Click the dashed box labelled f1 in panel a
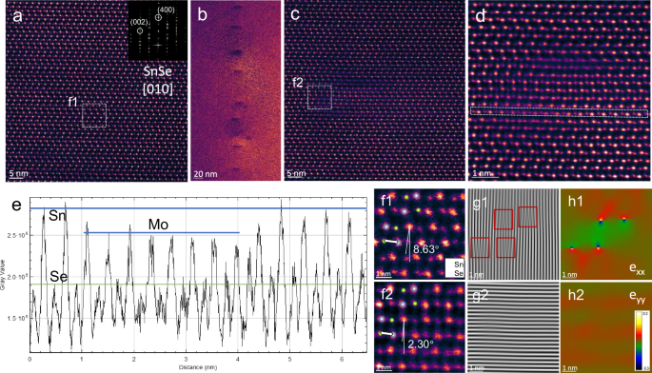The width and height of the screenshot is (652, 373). (94, 115)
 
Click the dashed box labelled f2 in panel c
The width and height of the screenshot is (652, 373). (321, 98)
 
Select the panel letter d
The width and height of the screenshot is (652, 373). (476, 13)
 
